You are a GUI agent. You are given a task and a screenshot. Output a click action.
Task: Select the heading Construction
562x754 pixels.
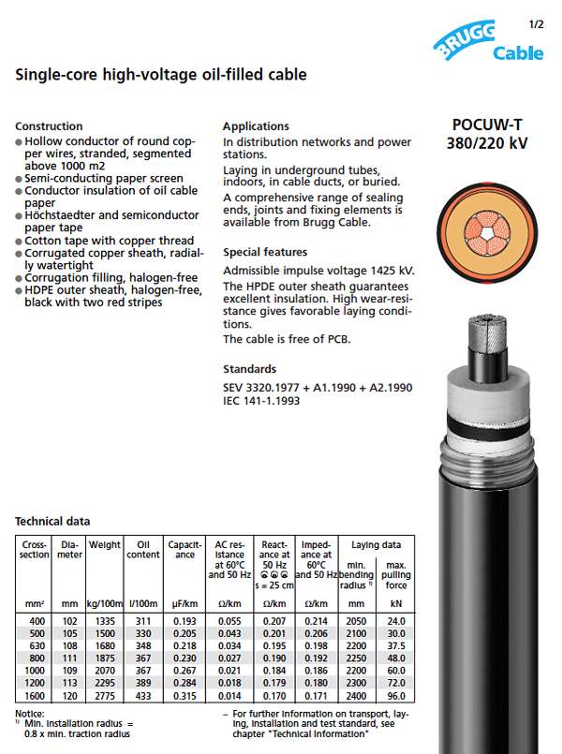pos(49,126)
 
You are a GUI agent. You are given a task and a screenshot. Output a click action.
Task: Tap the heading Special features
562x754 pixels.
pos(265,252)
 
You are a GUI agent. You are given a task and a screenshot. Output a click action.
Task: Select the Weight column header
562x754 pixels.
pos(105,543)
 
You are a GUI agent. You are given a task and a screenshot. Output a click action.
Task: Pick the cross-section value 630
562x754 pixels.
pos(35,645)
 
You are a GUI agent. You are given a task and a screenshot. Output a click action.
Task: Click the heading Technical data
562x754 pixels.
pos(52,521)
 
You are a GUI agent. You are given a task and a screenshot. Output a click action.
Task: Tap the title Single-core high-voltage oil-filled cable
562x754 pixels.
pos(161,74)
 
